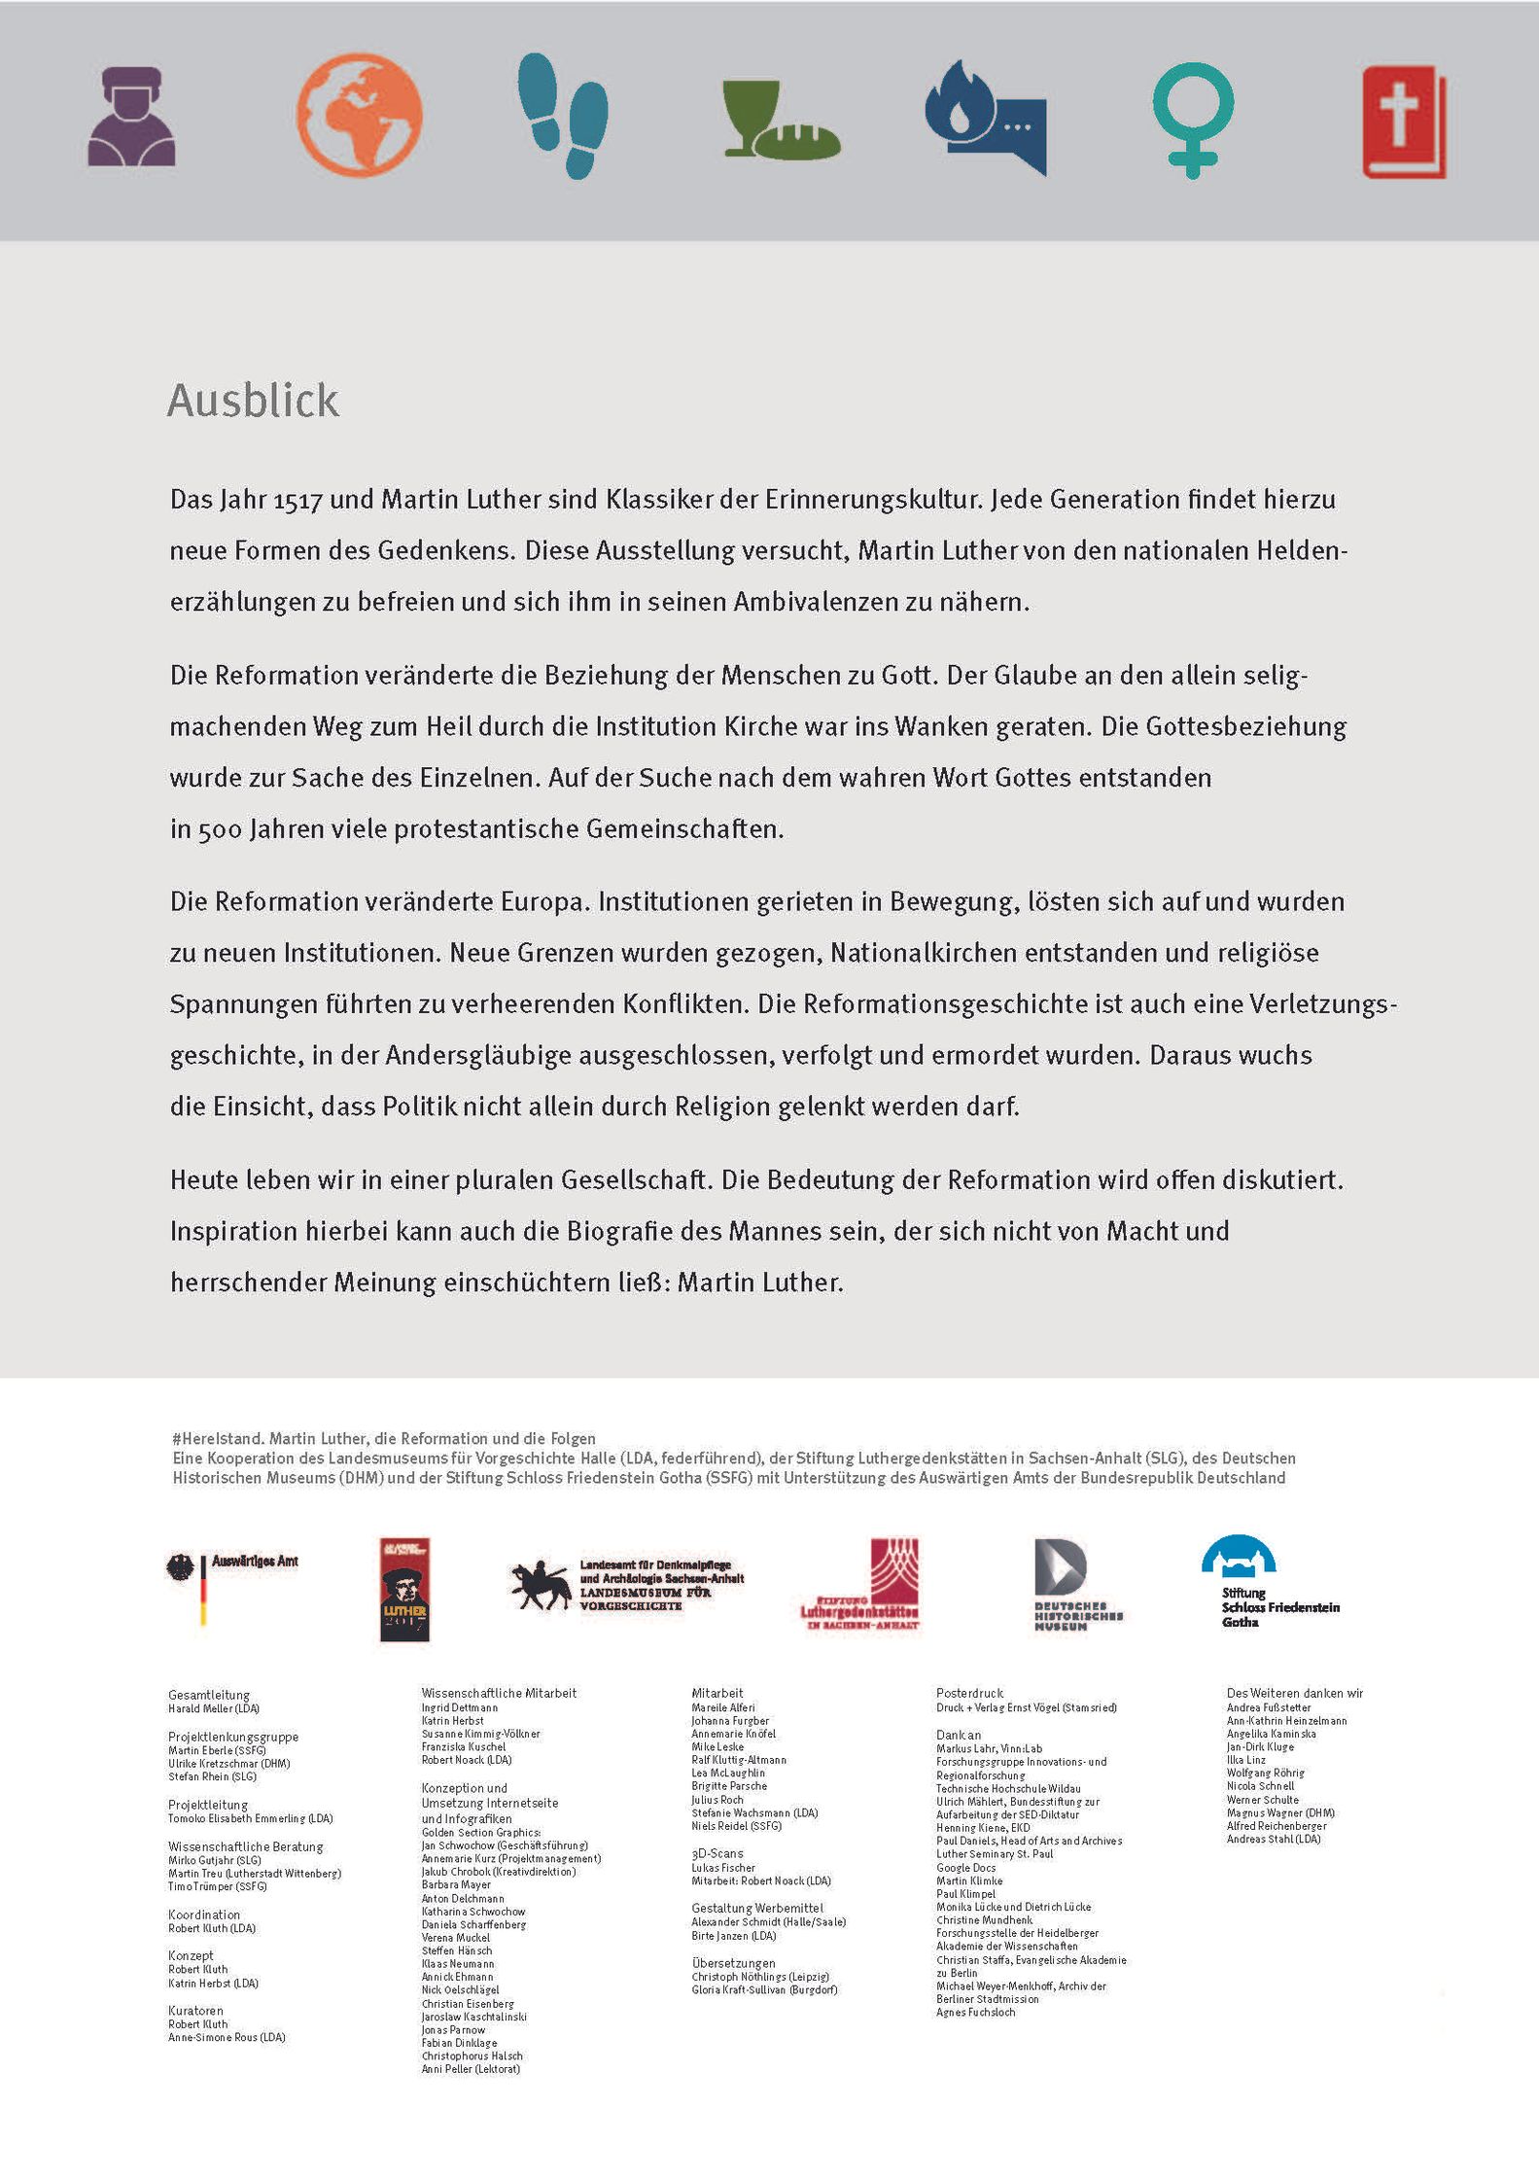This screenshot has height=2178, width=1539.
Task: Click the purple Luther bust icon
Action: (131, 117)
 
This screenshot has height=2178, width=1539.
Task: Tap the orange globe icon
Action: (359, 115)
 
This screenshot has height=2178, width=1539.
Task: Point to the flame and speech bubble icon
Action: (985, 118)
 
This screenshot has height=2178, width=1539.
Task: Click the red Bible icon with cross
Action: (1404, 122)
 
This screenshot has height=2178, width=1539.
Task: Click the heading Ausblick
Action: (254, 401)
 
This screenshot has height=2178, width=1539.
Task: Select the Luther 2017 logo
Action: (404, 1589)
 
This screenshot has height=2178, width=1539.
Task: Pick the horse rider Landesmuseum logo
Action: (627, 1586)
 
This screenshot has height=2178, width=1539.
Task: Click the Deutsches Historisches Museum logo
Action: (1075, 1584)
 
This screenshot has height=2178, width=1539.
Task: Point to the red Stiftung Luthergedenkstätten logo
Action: (861, 1584)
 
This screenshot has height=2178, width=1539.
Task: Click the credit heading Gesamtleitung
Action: (209, 1695)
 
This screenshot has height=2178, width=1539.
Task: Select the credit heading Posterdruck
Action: (969, 1693)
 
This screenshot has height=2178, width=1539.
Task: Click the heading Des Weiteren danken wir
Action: (1294, 1693)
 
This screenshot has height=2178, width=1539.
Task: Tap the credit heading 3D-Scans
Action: (717, 1853)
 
